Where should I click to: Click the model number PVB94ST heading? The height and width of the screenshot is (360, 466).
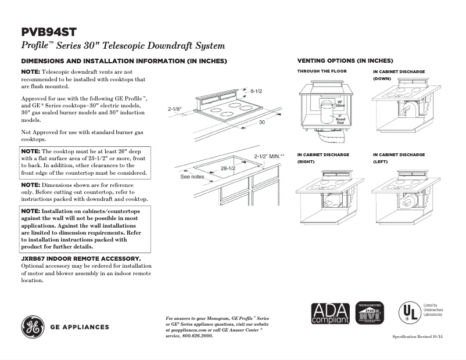(49, 32)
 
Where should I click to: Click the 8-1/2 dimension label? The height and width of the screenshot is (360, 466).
(256, 91)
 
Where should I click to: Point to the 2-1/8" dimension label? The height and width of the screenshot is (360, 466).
(175, 109)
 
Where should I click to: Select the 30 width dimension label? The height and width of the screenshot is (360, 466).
(261, 123)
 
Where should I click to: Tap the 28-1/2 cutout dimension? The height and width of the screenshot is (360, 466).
(227, 168)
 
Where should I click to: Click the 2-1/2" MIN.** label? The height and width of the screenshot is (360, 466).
(270, 156)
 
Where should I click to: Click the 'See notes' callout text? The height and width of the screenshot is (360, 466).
(192, 177)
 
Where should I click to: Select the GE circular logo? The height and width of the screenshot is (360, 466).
(34, 327)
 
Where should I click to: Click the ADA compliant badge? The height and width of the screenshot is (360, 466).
(331, 314)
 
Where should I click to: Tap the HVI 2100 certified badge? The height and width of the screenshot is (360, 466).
(369, 314)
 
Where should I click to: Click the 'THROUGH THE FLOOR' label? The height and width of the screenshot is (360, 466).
(322, 71)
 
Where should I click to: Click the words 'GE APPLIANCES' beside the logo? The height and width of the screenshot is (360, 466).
(80, 327)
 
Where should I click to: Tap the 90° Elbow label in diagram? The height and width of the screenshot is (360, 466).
(341, 104)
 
